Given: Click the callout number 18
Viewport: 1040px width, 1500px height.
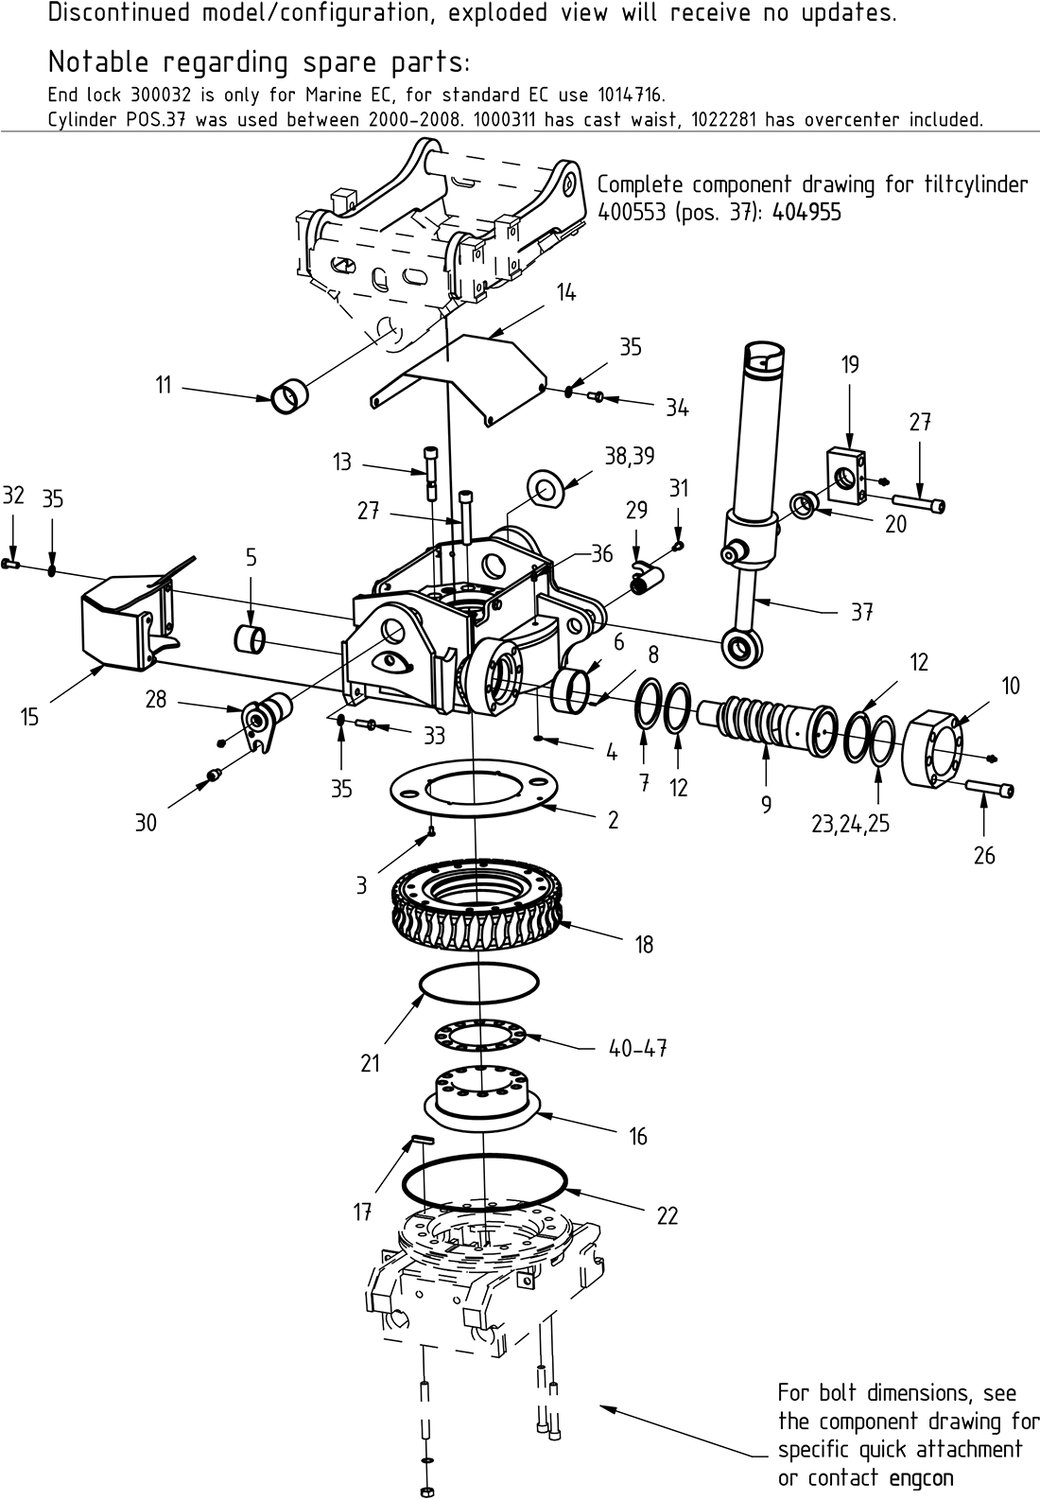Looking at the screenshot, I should (x=644, y=944).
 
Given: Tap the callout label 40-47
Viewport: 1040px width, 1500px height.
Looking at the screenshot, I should (x=637, y=1049).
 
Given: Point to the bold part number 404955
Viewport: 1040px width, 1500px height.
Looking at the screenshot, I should (x=806, y=212).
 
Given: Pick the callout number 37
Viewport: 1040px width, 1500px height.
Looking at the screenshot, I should (x=860, y=612).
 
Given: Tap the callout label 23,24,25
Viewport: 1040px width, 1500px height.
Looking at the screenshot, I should (x=850, y=824).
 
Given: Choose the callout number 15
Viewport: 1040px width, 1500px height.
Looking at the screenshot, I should (x=30, y=718).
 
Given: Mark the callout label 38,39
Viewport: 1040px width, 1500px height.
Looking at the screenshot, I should (x=629, y=456).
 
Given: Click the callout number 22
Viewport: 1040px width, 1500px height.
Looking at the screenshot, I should (x=667, y=1216).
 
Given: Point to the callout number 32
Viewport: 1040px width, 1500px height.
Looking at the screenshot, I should (x=13, y=497).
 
